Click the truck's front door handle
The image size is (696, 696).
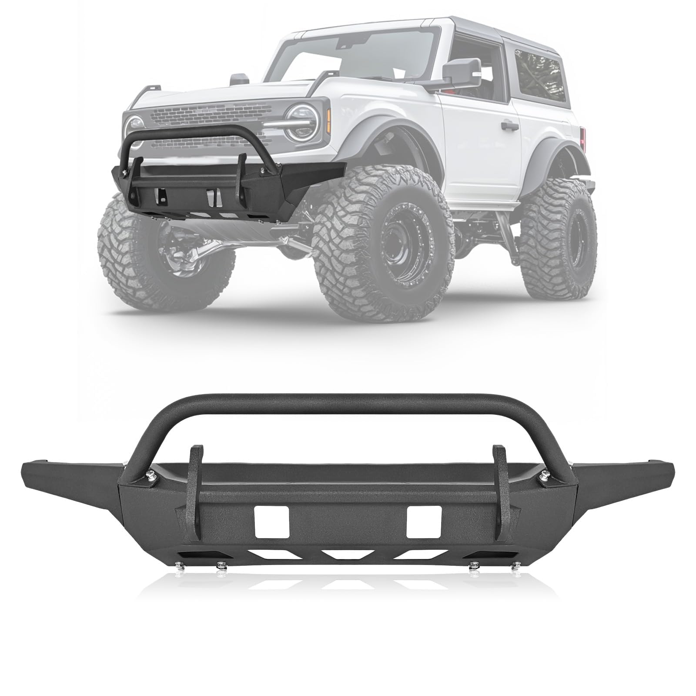pos(509,127)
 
